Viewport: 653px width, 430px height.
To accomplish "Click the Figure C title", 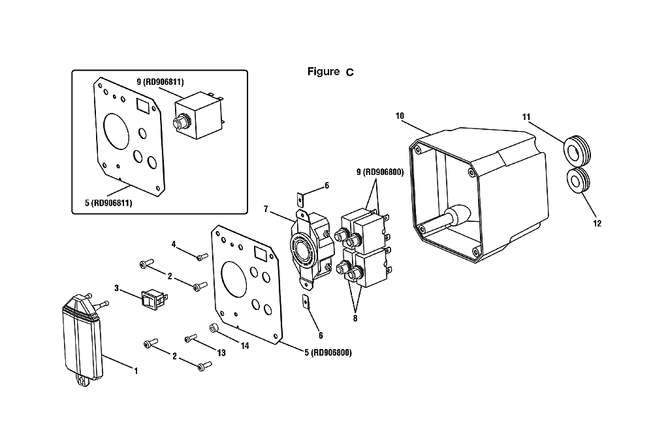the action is (x=330, y=72).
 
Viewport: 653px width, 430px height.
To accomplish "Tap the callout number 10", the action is (x=400, y=115).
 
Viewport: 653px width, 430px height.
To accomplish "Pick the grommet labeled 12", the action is (x=579, y=180).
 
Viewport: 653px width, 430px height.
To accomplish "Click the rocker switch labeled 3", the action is (x=155, y=298).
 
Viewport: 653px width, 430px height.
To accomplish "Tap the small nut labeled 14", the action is (x=214, y=328).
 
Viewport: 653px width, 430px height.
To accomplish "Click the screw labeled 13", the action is (x=191, y=338).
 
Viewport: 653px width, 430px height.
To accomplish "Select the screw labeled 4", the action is (x=202, y=256).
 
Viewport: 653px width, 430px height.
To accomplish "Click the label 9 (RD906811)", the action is (x=160, y=82).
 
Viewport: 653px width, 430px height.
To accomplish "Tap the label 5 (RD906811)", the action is (x=108, y=203).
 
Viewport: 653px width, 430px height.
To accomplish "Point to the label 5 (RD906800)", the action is (x=328, y=352).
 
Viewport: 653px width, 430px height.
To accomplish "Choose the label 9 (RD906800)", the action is (x=380, y=172).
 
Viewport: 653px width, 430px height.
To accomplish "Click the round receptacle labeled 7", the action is (x=311, y=249).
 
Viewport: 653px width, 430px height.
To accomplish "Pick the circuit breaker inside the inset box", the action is (x=199, y=115).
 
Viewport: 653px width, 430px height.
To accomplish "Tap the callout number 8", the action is (x=355, y=318).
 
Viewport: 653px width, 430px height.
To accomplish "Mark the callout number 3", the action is (x=117, y=288).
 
